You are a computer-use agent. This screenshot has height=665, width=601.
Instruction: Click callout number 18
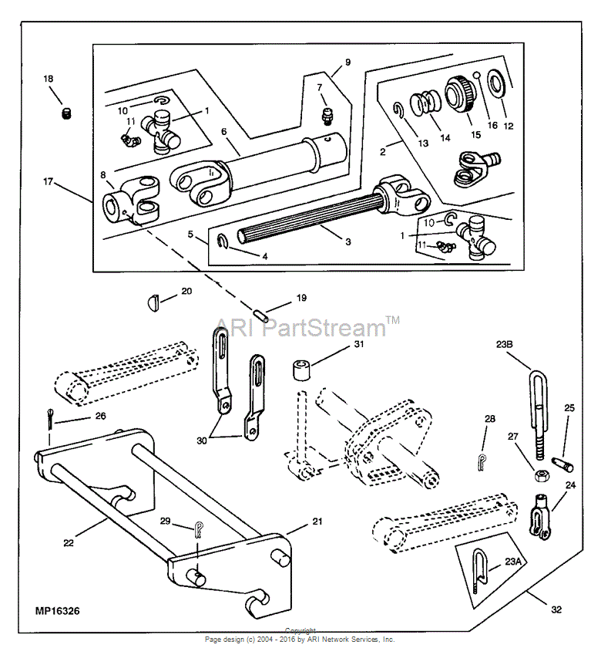tap(49, 79)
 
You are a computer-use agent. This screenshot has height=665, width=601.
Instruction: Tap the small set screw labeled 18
tap(67, 114)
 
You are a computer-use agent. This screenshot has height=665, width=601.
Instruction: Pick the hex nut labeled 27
tap(541, 474)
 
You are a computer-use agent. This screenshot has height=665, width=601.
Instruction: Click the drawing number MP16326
tap(58, 611)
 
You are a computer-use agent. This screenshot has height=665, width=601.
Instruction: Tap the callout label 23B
tap(505, 344)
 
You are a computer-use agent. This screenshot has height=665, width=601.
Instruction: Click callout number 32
tap(556, 609)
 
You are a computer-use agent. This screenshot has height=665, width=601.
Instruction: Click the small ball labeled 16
tap(478, 76)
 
